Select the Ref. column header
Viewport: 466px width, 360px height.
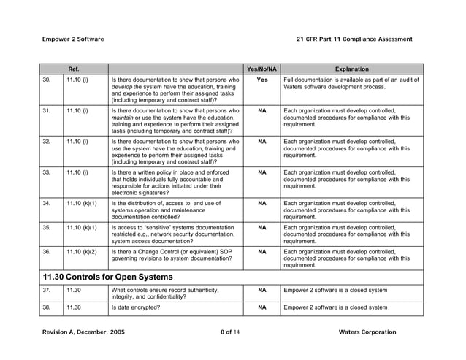[74, 69]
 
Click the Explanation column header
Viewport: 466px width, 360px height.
[351, 69]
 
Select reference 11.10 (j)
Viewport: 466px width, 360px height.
[77, 173]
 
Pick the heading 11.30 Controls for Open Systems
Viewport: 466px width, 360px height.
[108, 277]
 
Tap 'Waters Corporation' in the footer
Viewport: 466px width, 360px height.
[367, 332]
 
